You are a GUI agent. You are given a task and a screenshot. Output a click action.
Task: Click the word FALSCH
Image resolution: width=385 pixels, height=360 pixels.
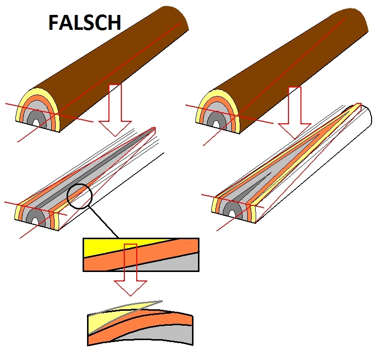85,23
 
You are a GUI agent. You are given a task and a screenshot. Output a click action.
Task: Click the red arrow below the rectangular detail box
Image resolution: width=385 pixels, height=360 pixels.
130,278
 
